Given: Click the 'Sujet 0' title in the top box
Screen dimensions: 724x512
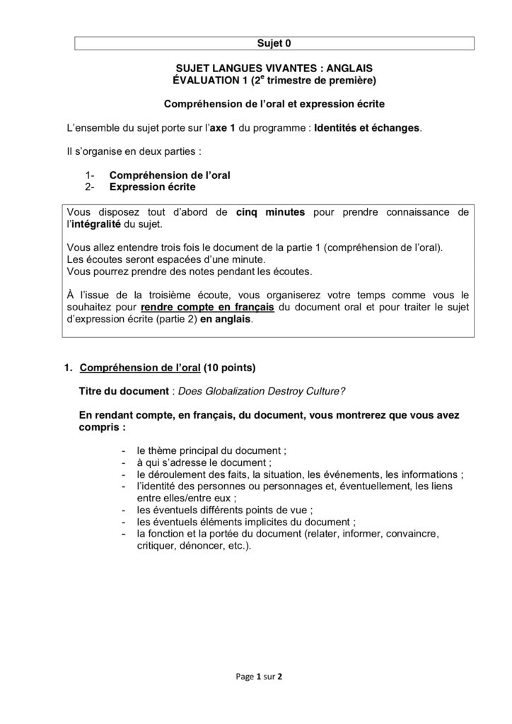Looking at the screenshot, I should click(274, 43).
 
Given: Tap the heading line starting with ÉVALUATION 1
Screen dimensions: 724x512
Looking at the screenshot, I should click(274, 81).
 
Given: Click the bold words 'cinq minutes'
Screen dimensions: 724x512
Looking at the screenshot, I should click(270, 211).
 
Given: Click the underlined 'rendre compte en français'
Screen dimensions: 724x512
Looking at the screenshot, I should click(207, 308).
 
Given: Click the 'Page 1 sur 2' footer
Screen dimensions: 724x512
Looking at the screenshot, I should click(259, 676).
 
